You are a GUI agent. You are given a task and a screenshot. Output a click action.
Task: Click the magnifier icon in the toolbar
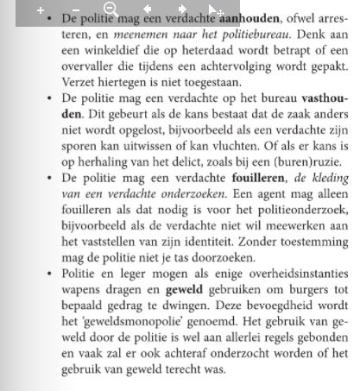coord(110,10)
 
